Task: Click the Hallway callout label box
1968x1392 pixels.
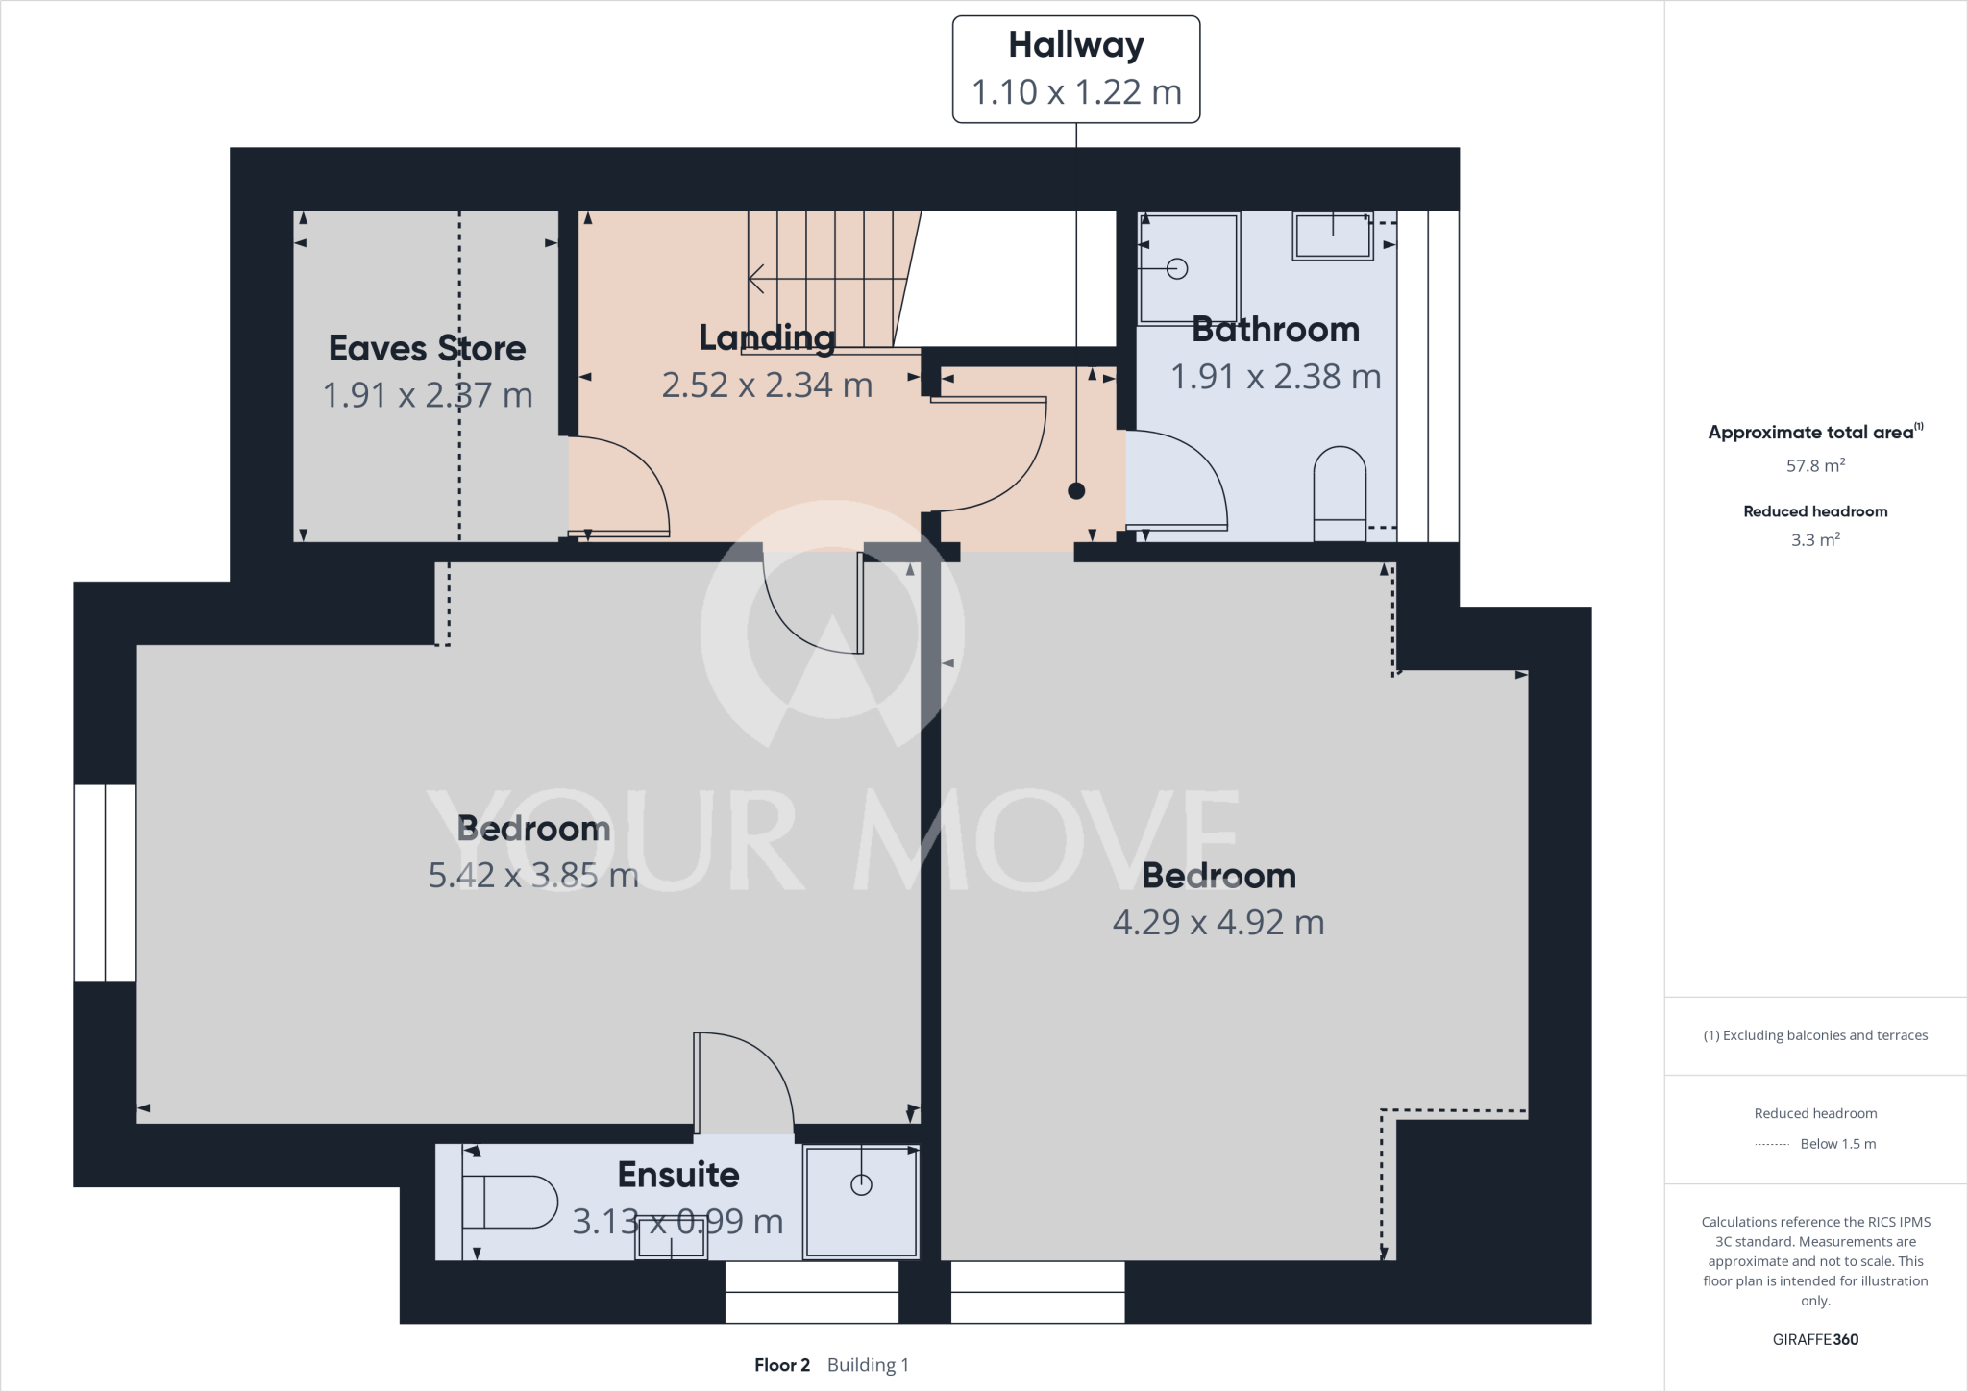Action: (x=1075, y=69)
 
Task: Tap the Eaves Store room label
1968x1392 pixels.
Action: (x=427, y=348)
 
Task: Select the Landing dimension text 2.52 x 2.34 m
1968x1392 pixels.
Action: (x=766, y=385)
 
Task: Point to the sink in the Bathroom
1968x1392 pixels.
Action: (x=1333, y=236)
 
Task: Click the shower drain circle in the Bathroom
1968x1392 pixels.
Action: (x=1177, y=269)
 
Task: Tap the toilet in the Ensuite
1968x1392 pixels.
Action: (x=509, y=1202)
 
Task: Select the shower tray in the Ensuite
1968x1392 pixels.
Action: (x=861, y=1202)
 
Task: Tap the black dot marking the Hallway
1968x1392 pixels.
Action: (x=1076, y=491)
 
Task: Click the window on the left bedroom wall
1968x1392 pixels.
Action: (x=105, y=882)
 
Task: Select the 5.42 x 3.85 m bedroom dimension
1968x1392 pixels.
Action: (x=533, y=876)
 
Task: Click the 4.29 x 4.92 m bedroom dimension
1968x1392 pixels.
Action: (x=1218, y=923)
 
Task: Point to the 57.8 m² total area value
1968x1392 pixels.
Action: (x=1814, y=466)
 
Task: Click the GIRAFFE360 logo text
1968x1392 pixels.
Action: (x=1814, y=1339)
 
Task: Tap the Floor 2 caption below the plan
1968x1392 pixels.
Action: (x=782, y=1365)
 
